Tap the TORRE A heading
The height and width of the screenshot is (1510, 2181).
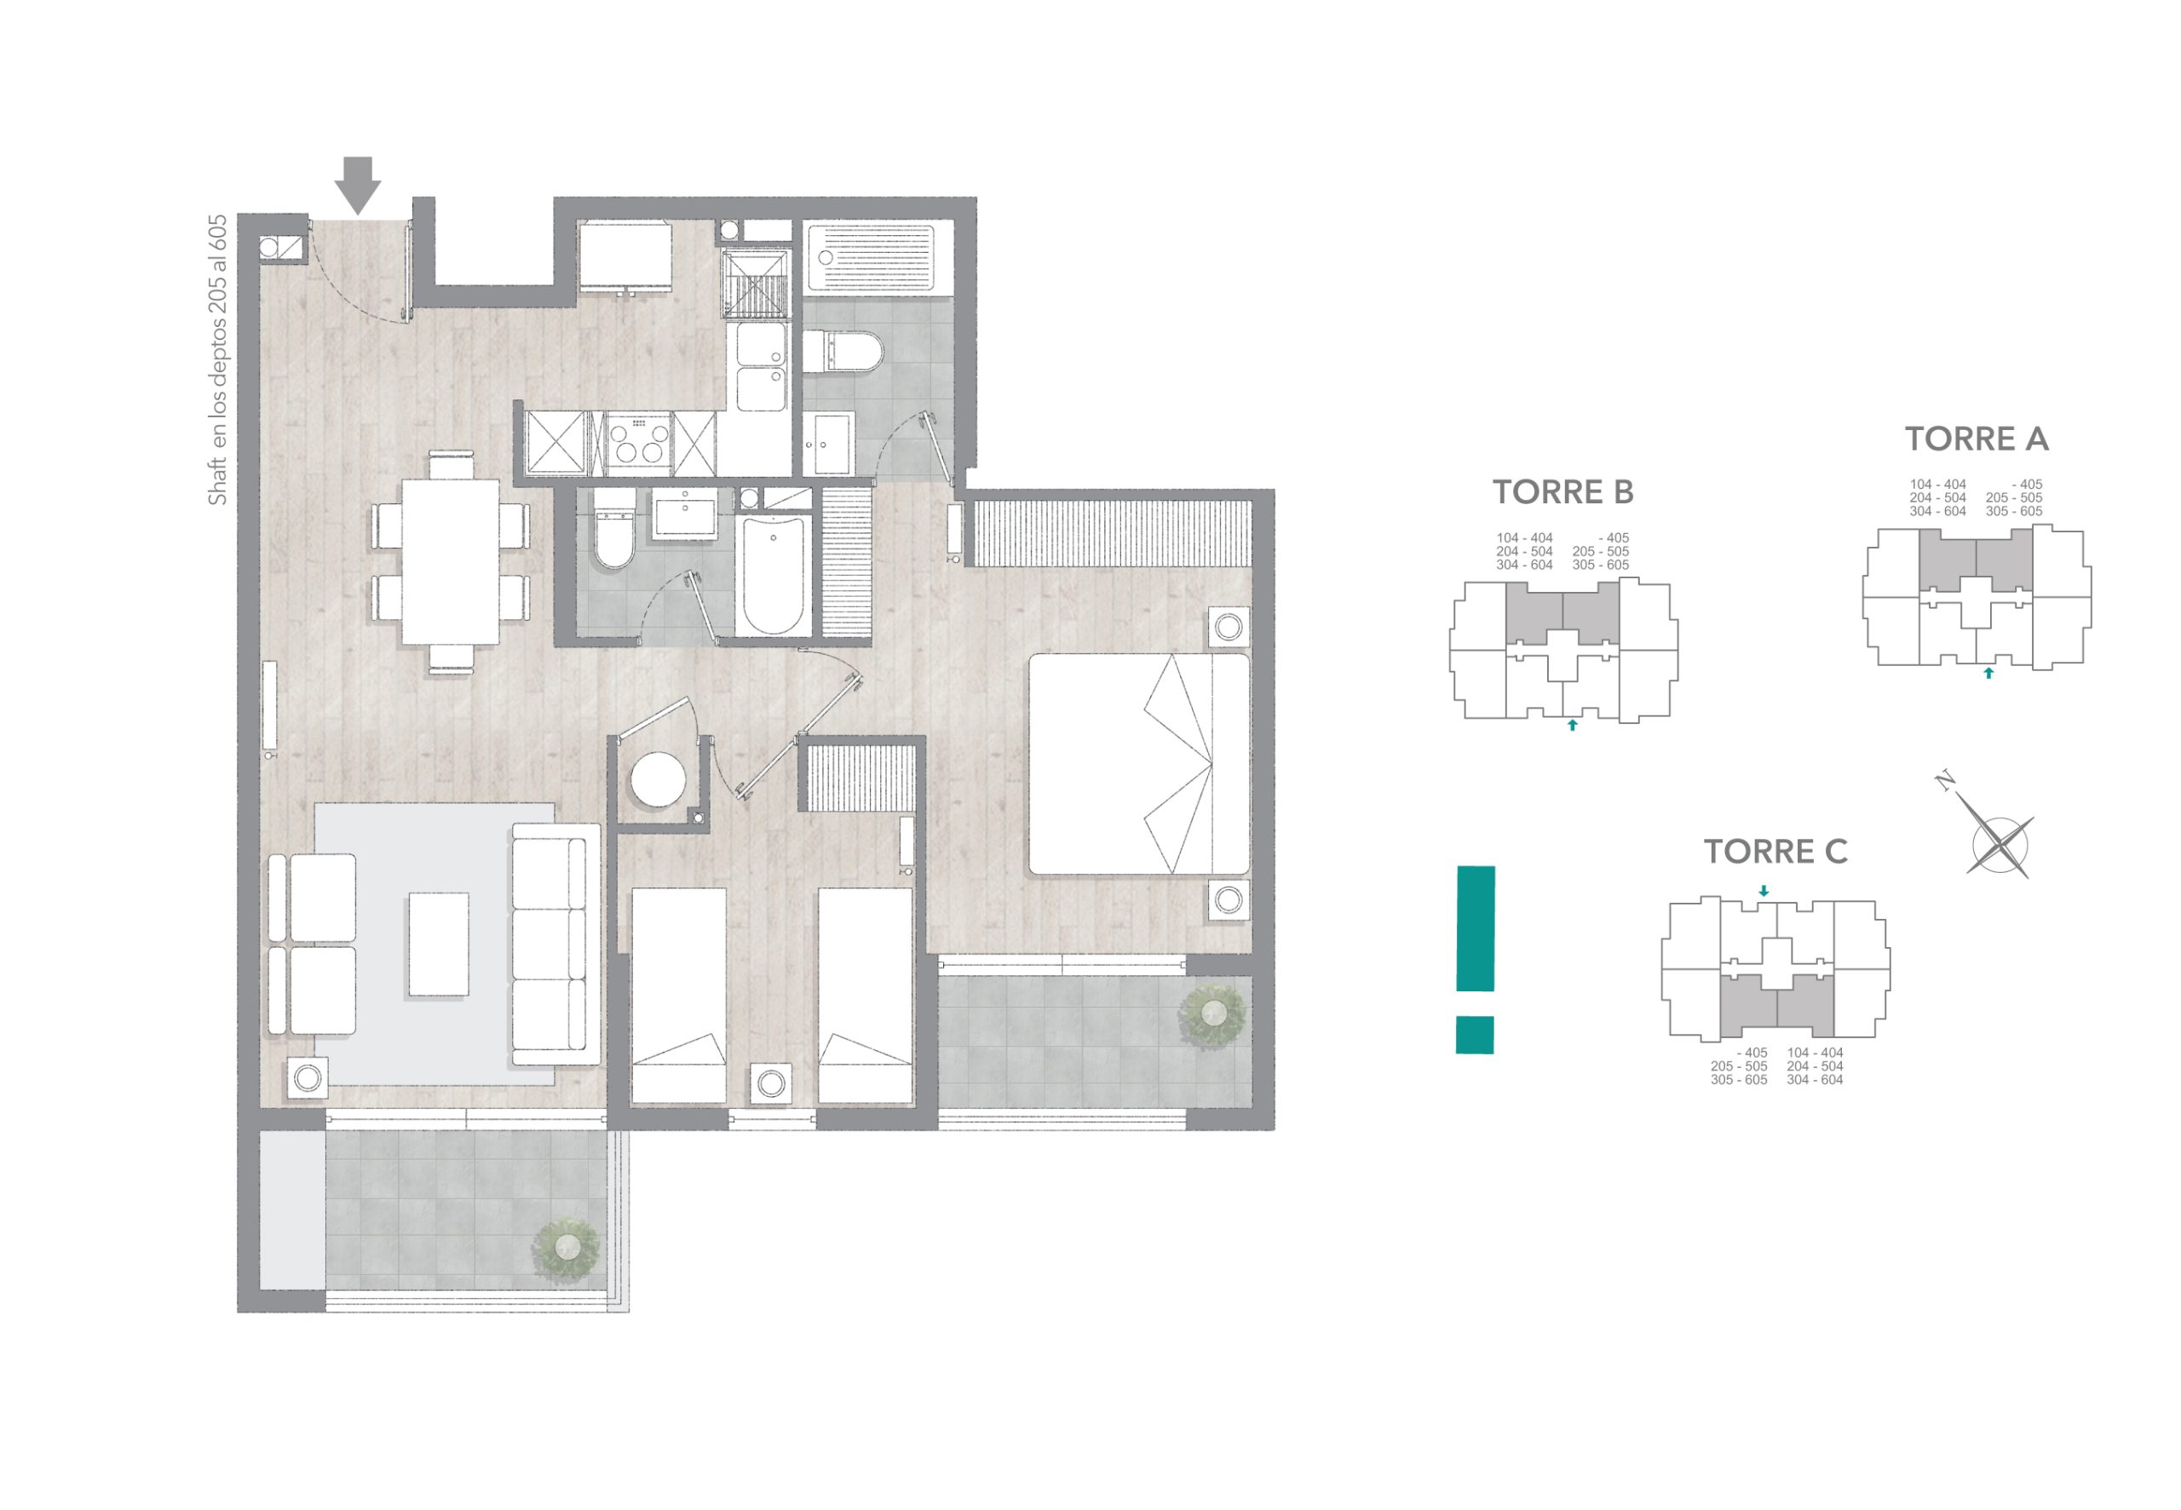point(1977,439)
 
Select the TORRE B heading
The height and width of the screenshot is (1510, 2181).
point(1563,492)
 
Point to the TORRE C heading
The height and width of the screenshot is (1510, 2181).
point(1776,852)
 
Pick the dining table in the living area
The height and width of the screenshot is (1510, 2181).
point(451,562)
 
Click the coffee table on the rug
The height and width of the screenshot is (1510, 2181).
point(438,944)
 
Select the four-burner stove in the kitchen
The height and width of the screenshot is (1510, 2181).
point(639,443)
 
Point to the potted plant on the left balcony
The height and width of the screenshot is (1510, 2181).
point(566,1247)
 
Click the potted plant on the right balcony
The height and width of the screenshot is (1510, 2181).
point(1212,1014)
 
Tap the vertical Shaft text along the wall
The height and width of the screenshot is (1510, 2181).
point(217,360)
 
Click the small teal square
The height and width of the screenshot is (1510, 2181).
point(1474,1034)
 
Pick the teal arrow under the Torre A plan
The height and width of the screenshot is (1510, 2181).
point(1989,673)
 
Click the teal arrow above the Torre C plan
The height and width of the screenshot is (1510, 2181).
point(1764,891)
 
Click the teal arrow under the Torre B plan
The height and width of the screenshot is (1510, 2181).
point(1573,726)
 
